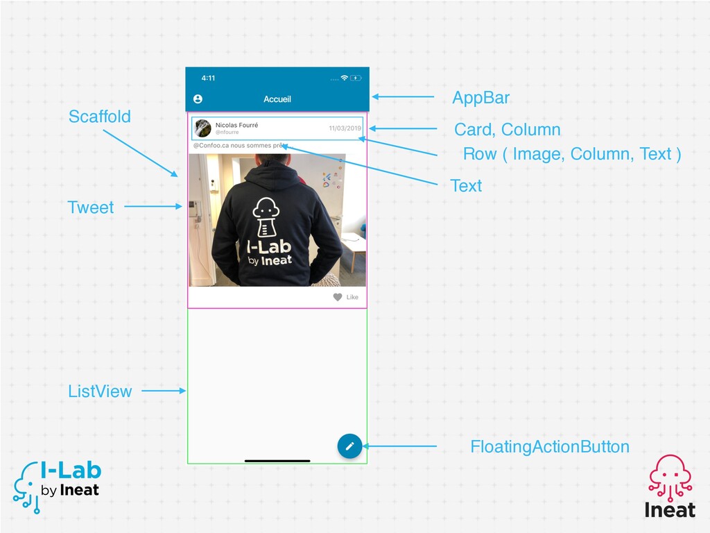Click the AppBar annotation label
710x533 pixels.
point(481,98)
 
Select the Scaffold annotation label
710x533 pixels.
point(100,117)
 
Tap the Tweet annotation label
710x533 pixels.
point(91,208)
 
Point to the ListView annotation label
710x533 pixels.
point(100,391)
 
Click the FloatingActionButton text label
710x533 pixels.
point(550,447)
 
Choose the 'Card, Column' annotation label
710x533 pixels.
point(507,130)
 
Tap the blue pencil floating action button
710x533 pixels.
point(349,446)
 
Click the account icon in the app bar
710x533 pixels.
point(198,99)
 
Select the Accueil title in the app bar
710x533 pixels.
point(277,99)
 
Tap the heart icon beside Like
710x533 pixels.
point(338,297)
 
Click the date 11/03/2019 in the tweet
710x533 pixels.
point(345,128)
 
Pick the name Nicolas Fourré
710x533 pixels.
point(237,125)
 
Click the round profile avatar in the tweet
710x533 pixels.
point(203,128)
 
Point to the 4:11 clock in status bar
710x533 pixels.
point(208,78)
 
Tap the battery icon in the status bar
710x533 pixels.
point(356,78)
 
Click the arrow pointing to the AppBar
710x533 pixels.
point(403,96)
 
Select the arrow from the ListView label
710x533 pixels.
point(164,391)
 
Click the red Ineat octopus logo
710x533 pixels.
point(670,477)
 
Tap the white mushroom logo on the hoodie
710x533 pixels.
point(266,217)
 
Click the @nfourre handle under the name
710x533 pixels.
point(227,133)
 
